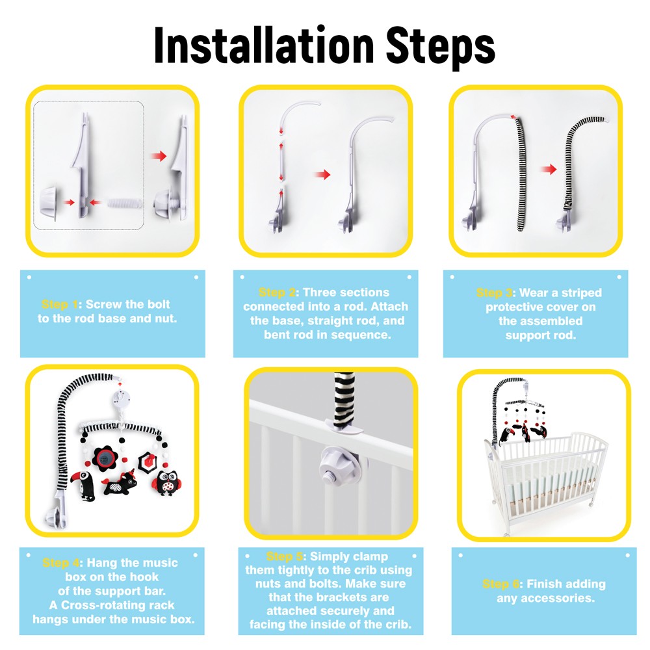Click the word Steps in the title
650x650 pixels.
point(440,47)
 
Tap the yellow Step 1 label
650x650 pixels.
point(60,304)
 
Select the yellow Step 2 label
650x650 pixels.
point(277,292)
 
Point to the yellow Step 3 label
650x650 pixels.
point(494,292)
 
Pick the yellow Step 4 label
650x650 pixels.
point(61,562)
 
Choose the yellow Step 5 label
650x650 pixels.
point(285,556)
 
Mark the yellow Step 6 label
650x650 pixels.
point(500,584)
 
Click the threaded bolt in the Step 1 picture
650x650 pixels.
point(124,203)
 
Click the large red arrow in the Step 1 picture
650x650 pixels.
point(159,156)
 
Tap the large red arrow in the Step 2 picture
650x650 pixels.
point(322,174)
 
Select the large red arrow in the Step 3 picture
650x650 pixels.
point(549,169)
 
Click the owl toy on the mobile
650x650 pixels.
point(166,483)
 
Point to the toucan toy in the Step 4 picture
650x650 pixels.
point(84,486)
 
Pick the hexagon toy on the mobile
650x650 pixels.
point(148,460)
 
